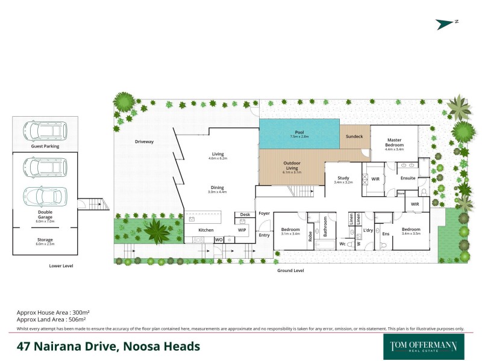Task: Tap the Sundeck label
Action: coord(354,137)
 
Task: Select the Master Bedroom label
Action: coord(395,143)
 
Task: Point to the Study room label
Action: coord(343,177)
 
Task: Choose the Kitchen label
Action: coord(206,230)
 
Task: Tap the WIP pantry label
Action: coord(242,230)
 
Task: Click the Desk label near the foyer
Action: coord(245,214)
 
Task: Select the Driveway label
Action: coord(145,142)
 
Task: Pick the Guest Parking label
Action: coord(45,146)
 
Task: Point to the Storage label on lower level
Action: coord(45,239)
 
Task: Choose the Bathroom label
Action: coord(324,227)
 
